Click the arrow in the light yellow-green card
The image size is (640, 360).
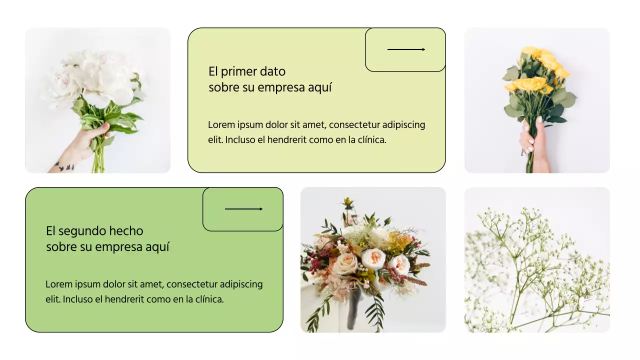tap(406, 49)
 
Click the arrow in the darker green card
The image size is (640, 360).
tap(243, 209)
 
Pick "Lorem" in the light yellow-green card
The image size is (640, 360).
tap(220, 125)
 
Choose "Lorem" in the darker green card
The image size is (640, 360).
tap(57, 284)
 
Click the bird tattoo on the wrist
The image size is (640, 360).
tap(64, 166)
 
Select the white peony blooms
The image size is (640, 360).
tap(95, 77)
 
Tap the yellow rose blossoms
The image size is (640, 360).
tap(537, 70)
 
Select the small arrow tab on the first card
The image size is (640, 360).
tap(405, 49)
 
